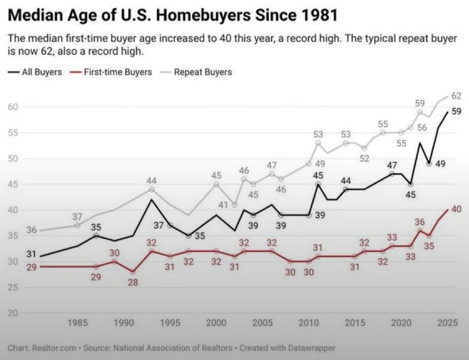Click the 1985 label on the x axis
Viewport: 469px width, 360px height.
(77, 322)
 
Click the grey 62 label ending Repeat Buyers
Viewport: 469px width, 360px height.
(456, 96)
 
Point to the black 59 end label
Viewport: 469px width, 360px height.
(456, 112)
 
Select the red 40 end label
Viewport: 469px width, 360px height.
(456, 210)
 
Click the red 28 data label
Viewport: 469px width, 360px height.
(133, 282)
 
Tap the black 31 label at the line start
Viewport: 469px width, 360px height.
(31, 254)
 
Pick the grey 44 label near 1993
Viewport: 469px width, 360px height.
(151, 180)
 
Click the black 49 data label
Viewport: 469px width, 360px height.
(440, 164)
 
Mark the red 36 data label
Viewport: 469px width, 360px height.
(420, 222)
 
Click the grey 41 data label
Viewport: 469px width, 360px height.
(223, 205)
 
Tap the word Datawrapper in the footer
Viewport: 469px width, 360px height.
(312, 348)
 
